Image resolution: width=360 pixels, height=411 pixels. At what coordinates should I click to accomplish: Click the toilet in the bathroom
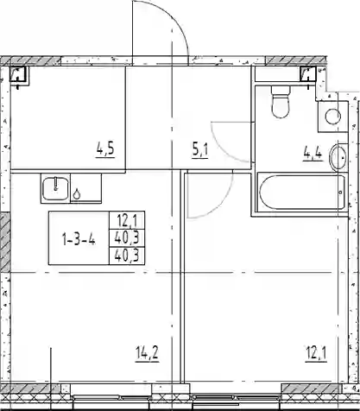281,102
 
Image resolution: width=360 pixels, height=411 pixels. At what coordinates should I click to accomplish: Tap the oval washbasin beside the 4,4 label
338,158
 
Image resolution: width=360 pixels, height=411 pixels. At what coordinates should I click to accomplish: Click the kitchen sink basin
56,188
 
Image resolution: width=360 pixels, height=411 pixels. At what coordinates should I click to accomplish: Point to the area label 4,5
105,149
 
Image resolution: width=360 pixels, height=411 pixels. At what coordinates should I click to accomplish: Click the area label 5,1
200,149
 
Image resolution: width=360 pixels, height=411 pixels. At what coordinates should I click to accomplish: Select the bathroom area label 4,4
313,154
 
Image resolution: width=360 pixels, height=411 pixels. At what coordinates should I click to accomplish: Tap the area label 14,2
147,353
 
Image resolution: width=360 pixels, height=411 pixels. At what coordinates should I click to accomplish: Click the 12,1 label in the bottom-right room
316,353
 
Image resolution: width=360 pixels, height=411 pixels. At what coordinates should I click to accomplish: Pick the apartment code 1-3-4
79,239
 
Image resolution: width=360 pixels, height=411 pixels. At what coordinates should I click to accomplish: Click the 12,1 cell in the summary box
127,221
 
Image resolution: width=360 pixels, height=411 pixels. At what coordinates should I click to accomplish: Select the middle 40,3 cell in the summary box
127,237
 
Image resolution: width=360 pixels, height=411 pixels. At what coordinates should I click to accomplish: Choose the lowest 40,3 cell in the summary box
127,255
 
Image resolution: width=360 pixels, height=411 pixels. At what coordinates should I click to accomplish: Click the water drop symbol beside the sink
77,194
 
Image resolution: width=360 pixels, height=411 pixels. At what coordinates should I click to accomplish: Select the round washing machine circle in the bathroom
333,117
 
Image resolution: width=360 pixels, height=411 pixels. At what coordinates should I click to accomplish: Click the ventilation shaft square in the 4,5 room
18,74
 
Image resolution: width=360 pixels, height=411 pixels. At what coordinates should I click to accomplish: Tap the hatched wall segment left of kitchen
5,243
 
